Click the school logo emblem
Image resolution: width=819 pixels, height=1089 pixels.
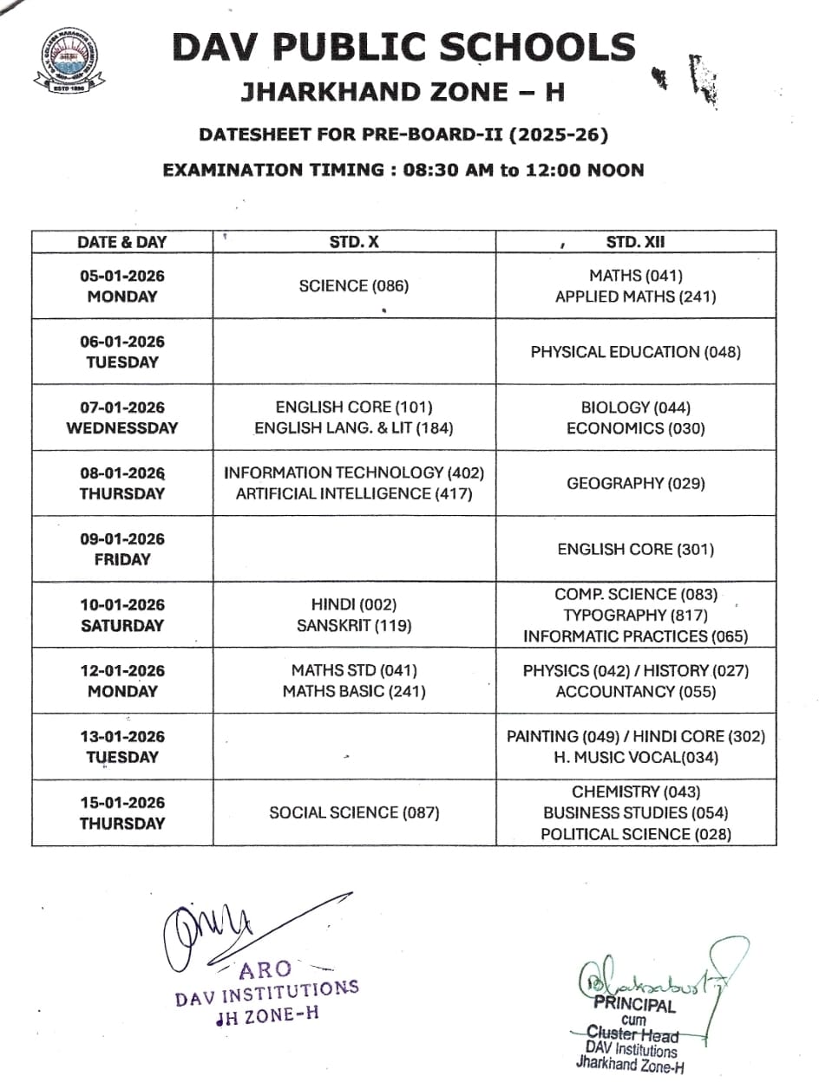(69, 62)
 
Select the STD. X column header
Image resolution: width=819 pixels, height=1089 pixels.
(354, 243)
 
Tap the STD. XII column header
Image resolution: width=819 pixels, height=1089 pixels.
(636, 243)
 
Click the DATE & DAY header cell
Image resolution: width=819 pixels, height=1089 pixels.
(122, 243)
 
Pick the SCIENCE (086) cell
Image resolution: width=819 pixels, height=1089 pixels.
(353, 286)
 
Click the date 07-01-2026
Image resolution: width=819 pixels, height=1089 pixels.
(122, 407)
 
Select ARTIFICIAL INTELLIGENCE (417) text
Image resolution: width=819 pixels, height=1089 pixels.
(354, 494)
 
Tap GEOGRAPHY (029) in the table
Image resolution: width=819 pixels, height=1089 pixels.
(636, 483)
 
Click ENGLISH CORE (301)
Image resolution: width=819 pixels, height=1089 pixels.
(636, 549)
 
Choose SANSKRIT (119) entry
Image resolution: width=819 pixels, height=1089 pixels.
(354, 625)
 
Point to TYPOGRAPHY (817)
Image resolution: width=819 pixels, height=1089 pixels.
(636, 616)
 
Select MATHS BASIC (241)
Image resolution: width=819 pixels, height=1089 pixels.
(354, 691)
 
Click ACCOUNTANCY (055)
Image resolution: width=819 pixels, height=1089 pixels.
(636, 691)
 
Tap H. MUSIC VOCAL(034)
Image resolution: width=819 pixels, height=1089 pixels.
(636, 757)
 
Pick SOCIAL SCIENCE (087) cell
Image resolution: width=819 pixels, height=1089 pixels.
(354, 812)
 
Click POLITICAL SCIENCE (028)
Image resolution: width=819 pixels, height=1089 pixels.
(636, 834)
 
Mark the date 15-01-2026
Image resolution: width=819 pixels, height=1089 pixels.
(122, 802)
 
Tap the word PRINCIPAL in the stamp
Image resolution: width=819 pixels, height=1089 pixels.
(634, 1006)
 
